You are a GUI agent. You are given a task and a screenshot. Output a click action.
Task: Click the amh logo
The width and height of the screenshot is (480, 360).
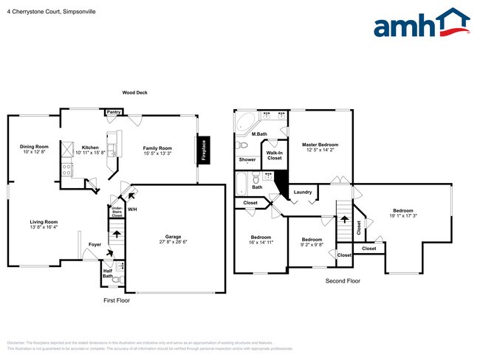(x=421, y=24)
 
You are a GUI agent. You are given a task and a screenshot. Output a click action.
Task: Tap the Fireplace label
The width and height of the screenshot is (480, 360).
(x=204, y=150)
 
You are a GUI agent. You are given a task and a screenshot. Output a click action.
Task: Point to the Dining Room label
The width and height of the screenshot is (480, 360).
(x=34, y=147)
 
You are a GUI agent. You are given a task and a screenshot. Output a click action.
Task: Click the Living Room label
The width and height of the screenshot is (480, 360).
(x=44, y=222)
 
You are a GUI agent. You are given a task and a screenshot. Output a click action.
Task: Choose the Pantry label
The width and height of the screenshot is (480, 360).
(x=113, y=112)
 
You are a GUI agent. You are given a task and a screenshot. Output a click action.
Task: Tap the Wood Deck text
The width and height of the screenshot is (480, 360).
(x=134, y=93)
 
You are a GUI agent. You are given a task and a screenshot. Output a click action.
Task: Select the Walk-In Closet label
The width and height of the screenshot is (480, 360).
(x=274, y=155)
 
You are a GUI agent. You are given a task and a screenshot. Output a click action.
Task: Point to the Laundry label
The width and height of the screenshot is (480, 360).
(x=302, y=193)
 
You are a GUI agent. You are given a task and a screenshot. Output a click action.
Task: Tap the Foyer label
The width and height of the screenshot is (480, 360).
(x=95, y=244)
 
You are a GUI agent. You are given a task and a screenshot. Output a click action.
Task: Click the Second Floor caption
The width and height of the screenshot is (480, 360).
(x=343, y=281)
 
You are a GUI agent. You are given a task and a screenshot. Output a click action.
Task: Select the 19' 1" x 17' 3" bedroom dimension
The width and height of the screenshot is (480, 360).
(x=402, y=215)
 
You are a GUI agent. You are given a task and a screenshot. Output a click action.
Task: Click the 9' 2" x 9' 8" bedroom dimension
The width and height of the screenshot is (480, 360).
(x=312, y=244)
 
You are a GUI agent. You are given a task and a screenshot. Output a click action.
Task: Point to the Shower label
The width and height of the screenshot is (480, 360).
(x=247, y=159)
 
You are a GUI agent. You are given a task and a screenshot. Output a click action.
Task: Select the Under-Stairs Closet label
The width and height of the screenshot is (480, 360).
(x=117, y=212)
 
